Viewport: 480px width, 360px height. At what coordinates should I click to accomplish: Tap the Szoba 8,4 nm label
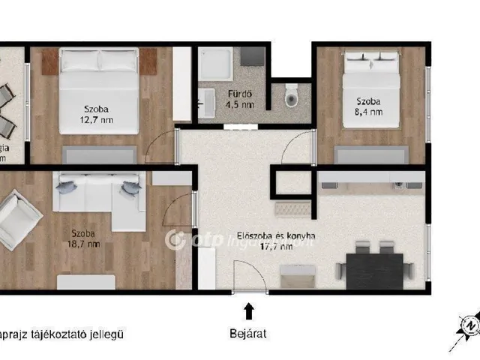coord(368,106)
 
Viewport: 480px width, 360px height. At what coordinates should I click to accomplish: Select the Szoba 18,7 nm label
coord(83,238)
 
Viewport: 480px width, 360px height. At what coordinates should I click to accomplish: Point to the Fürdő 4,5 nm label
coord(239,99)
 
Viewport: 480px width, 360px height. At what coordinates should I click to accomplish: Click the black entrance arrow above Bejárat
coord(248,309)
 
